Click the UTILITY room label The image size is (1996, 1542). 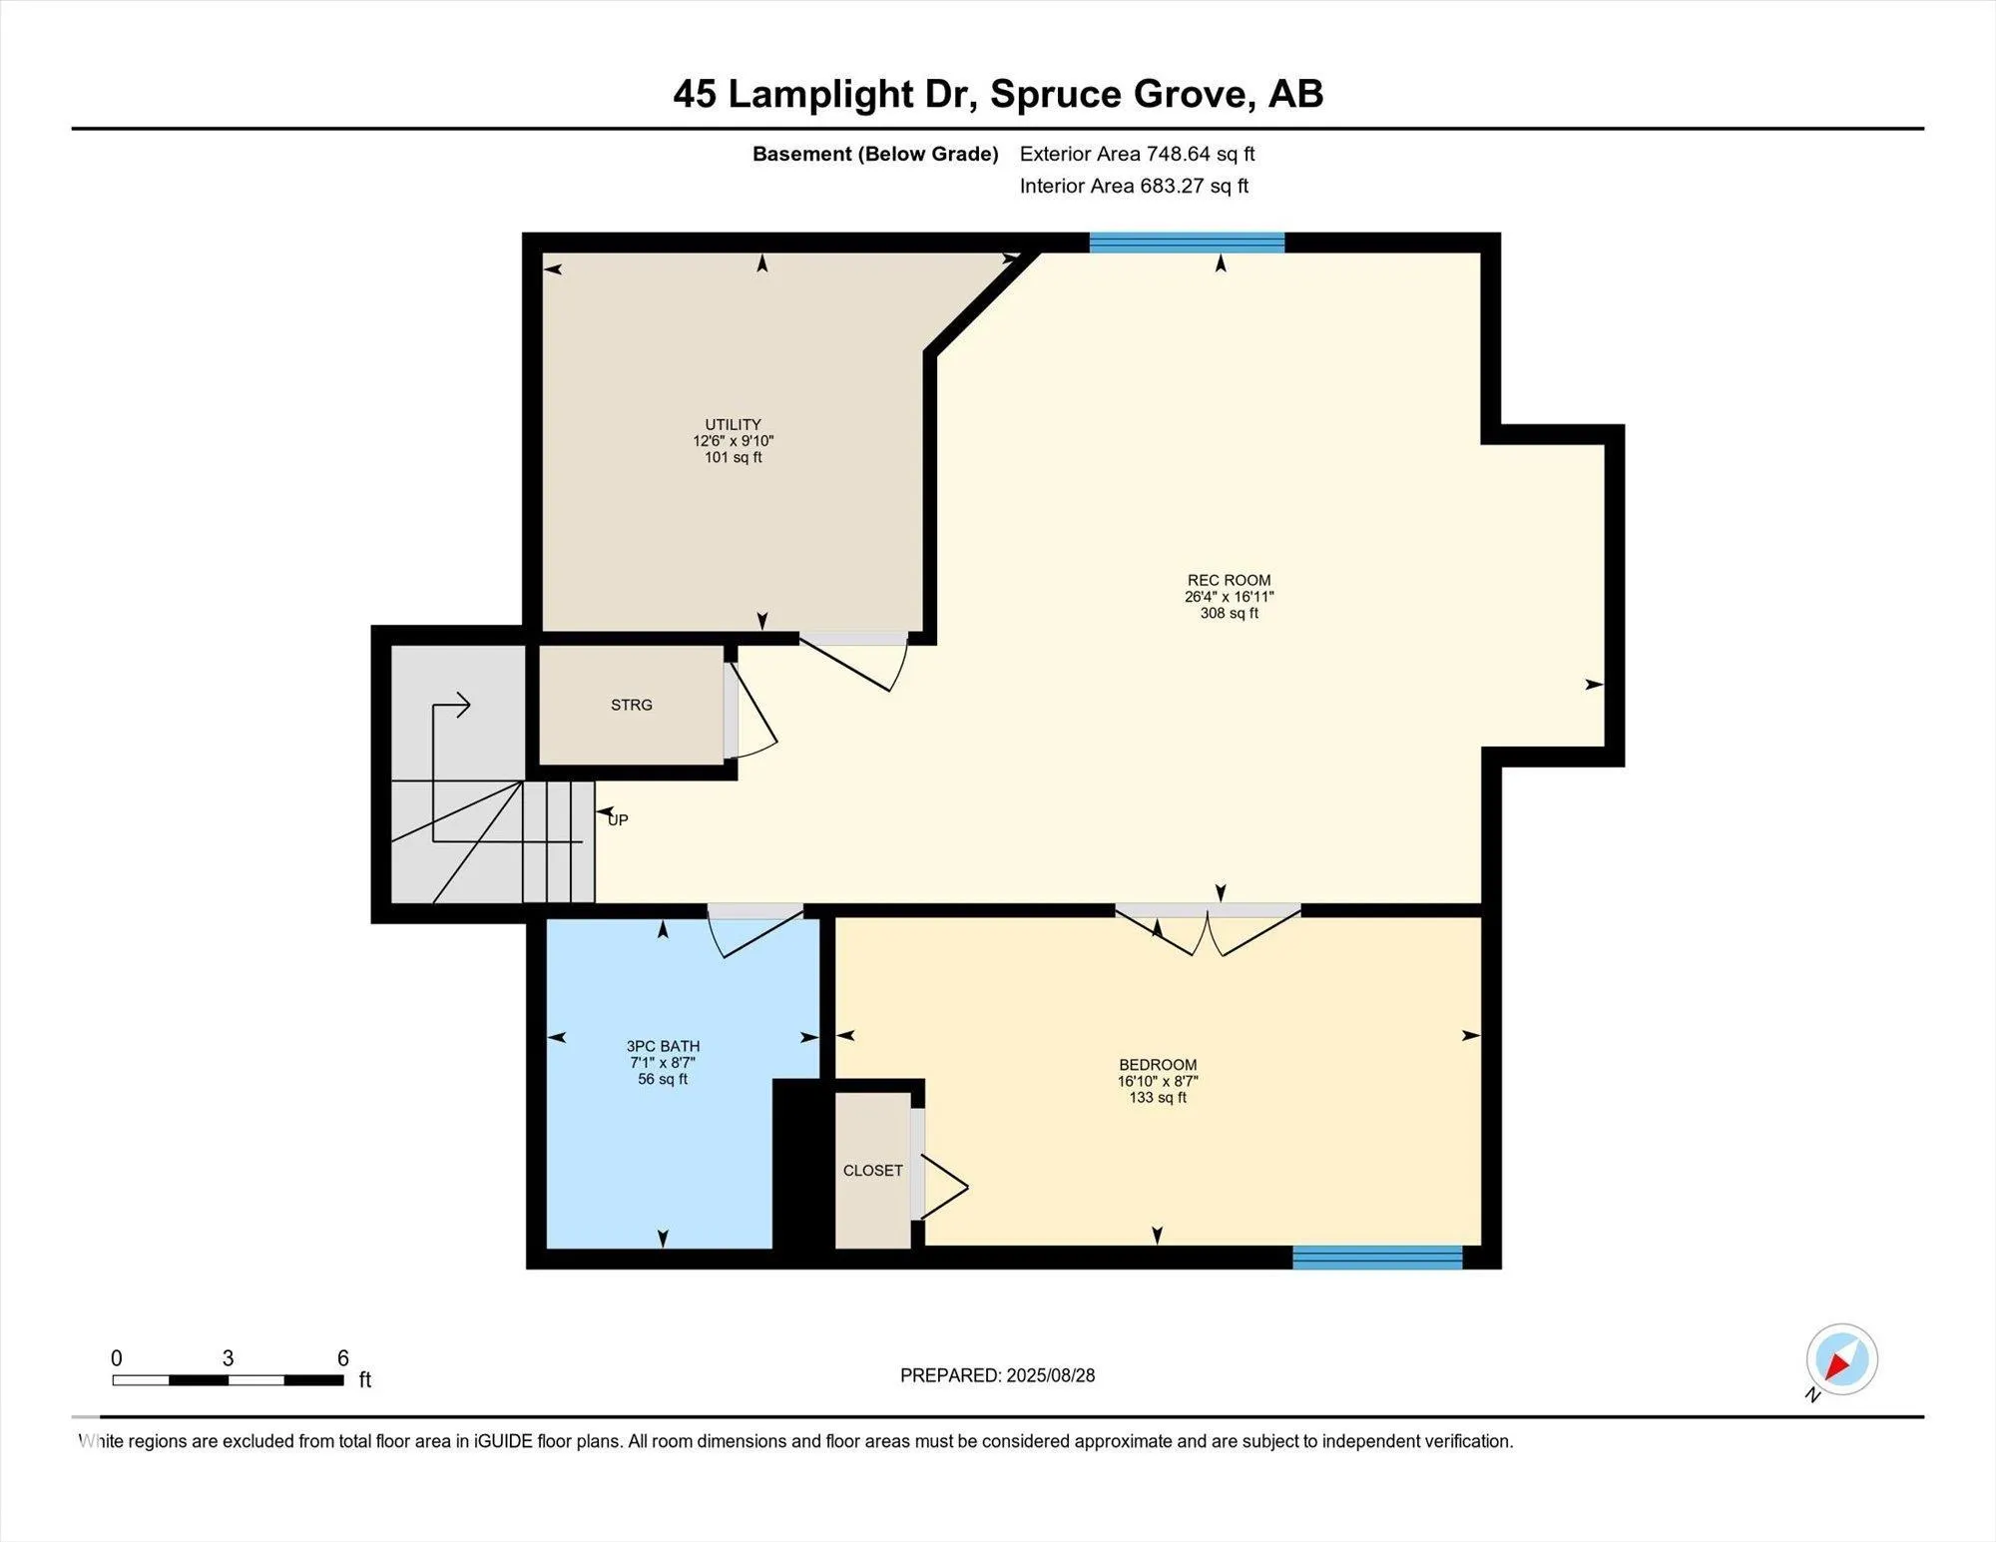pos(733,424)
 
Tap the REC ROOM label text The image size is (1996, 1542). pos(1229,580)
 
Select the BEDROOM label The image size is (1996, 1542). pos(1158,1065)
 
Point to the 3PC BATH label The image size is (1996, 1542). pos(663,1046)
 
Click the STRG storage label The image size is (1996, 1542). pos(632,705)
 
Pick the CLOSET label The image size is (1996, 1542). pos(872,1170)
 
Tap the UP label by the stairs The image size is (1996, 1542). pos(618,819)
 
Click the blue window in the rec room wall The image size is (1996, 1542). pos(1187,243)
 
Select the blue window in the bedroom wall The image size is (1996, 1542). pos(1377,1258)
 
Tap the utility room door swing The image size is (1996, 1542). pos(853,661)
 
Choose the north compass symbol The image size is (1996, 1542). pos(1841,1359)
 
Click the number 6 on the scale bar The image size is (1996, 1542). pos(342,1357)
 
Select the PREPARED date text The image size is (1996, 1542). pos(997,1375)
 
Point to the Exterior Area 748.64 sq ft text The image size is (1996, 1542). pos(1137,154)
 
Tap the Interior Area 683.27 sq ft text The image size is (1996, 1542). pos(1134,186)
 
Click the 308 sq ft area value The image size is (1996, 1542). pos(1229,613)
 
